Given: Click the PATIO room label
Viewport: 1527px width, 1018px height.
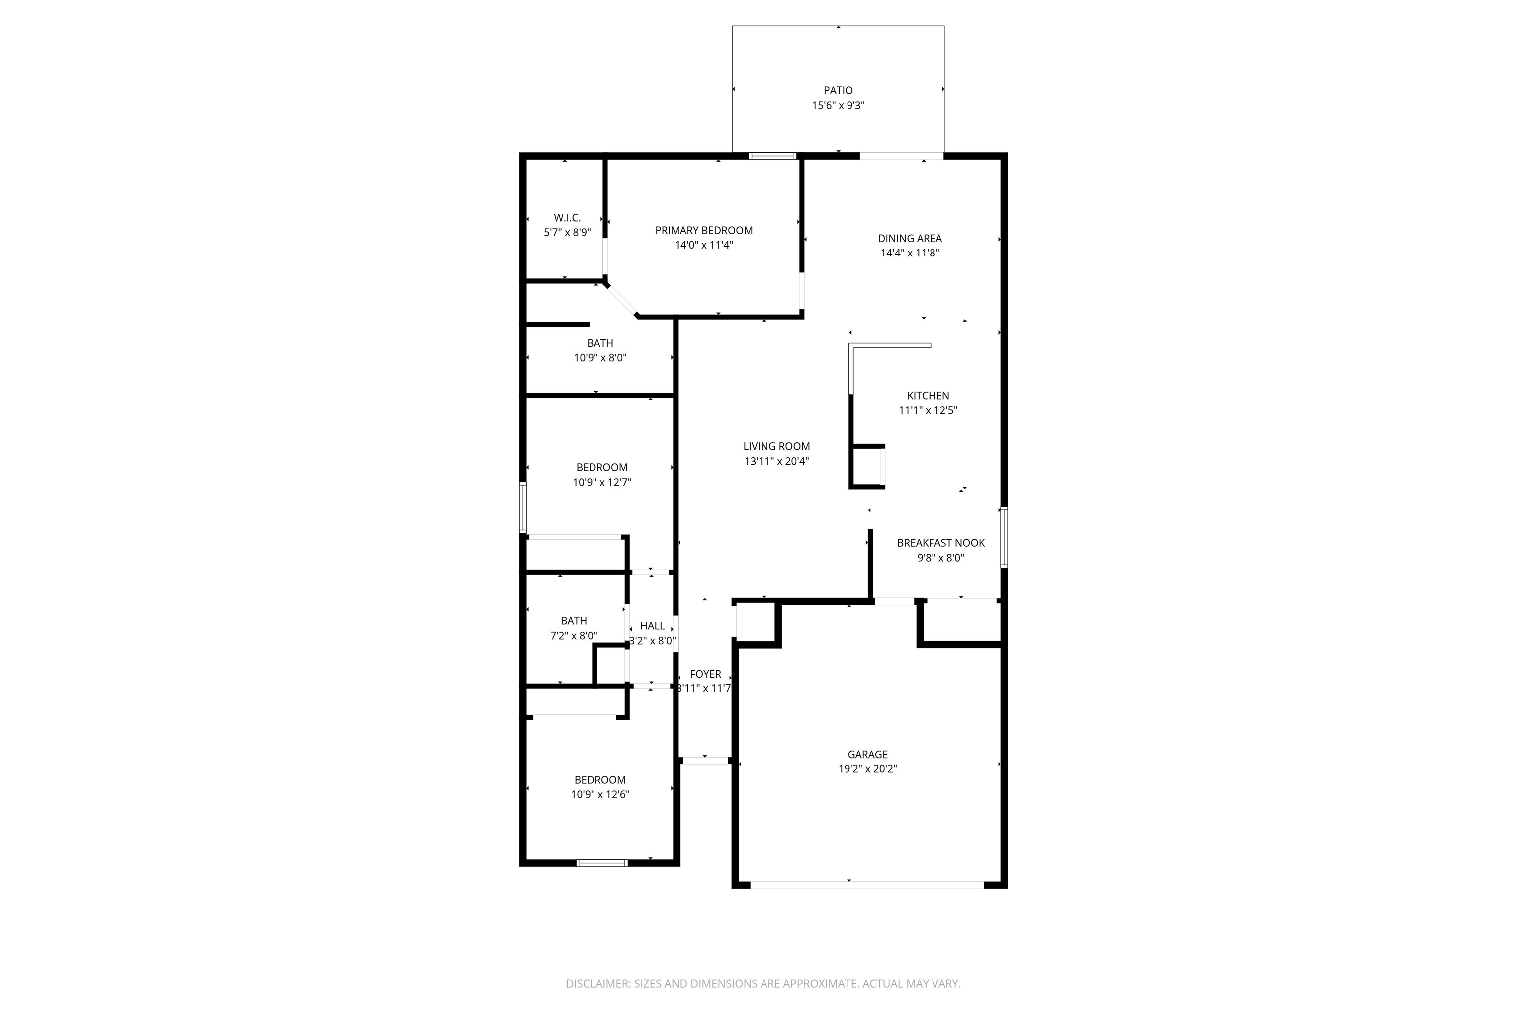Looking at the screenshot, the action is (838, 91).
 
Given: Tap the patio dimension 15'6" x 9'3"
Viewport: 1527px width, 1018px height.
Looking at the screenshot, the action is (838, 106).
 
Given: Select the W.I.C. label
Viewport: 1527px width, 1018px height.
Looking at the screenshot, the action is (567, 218).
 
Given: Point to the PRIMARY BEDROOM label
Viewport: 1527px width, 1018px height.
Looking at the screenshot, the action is (704, 231).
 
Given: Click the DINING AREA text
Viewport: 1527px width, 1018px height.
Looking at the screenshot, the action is (910, 238).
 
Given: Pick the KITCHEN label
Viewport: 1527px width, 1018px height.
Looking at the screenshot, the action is (928, 395).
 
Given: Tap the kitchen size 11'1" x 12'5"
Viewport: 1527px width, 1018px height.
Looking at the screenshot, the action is (928, 410).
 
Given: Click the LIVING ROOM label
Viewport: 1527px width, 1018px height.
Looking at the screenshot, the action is (776, 447).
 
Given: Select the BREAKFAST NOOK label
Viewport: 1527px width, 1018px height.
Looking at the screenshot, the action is (941, 543).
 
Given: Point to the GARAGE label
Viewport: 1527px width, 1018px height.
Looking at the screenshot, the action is (867, 755).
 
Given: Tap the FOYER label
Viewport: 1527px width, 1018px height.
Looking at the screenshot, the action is (705, 674).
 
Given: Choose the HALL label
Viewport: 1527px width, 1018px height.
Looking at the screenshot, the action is (653, 626).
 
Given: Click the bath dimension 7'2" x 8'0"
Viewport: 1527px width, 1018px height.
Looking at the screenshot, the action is (574, 636).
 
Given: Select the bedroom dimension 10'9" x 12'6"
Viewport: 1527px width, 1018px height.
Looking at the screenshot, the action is (600, 795).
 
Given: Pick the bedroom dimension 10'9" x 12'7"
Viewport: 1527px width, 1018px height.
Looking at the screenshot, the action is (602, 482).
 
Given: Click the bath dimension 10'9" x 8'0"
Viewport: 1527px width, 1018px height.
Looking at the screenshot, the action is (600, 358).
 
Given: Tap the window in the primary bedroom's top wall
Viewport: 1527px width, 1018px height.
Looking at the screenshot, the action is (772, 156).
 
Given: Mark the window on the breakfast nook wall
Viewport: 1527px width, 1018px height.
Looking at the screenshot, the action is (1004, 537).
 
